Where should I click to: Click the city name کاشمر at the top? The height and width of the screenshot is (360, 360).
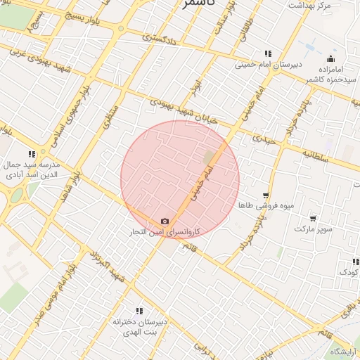point(198,4)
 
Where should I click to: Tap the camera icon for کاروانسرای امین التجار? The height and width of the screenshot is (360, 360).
point(165,221)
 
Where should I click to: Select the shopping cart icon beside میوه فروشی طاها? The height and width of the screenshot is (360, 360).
point(266,196)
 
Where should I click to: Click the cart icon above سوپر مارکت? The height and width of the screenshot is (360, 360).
point(313,219)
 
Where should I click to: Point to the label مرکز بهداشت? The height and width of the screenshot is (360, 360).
point(309,6)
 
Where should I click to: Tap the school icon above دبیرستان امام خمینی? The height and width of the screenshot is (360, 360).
point(268,53)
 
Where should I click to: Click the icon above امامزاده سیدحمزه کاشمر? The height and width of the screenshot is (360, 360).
point(330,58)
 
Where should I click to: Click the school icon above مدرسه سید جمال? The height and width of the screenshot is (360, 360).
point(32,154)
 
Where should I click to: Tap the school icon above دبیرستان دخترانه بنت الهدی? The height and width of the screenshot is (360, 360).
point(139,311)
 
